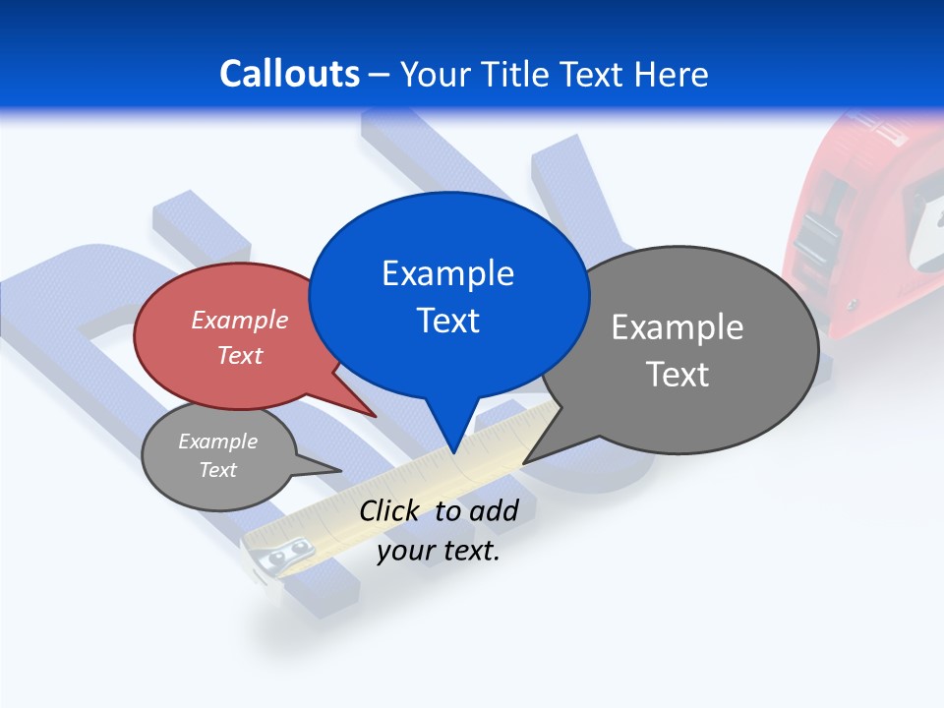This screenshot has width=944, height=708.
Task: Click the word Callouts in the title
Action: point(289,74)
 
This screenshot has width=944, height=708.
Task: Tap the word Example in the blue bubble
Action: point(447,272)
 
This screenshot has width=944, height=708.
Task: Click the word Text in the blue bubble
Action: point(447,320)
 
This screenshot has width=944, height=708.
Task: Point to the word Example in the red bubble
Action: point(240,320)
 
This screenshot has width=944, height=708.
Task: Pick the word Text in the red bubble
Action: point(240,354)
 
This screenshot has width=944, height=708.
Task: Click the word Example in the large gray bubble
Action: point(678,326)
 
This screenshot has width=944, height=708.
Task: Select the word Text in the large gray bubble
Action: point(678,374)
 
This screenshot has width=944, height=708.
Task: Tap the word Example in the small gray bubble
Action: point(217,442)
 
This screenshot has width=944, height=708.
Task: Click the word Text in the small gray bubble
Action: point(217,470)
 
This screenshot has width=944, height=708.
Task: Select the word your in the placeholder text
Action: point(403,551)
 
